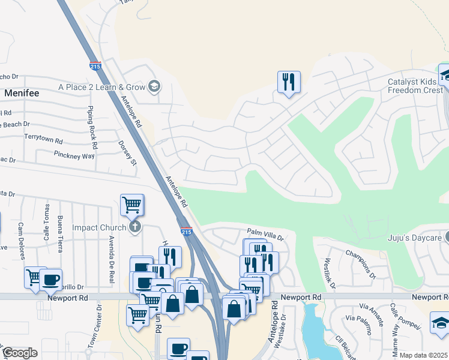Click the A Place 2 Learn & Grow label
(102, 87)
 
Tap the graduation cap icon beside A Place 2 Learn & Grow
(154, 87)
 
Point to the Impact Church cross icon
(136, 227)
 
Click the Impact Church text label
(99, 227)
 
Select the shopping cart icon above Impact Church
(132, 205)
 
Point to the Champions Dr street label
(364, 267)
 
